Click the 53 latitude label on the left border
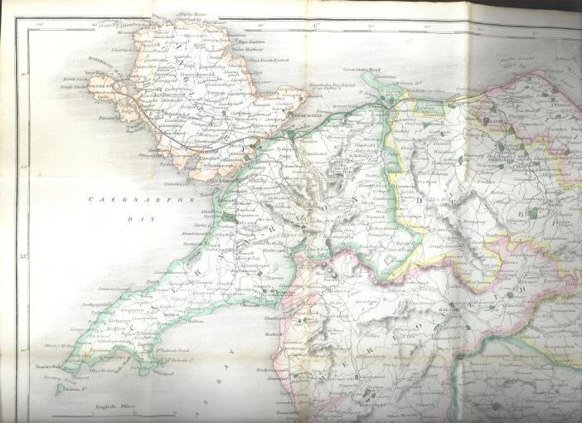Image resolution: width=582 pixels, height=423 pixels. pyautogui.click(x=25, y=257)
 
